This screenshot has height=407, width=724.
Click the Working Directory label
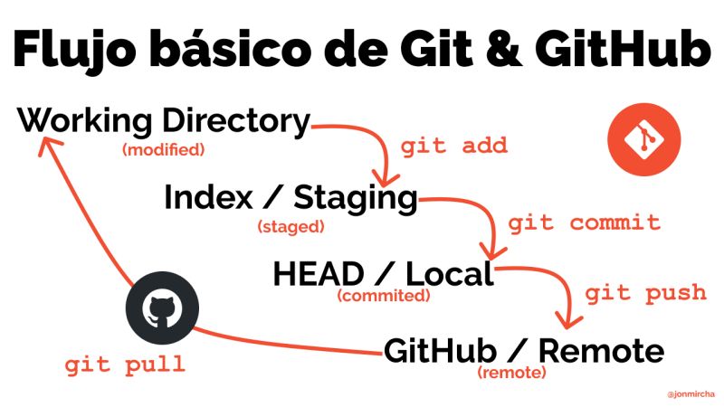[x=163, y=121]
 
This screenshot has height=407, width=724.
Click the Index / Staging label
[x=291, y=197]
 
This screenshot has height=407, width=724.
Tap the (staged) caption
[x=291, y=227]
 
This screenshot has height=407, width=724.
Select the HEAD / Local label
[x=384, y=273]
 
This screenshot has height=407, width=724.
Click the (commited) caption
[x=384, y=296]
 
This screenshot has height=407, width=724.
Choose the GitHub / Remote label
[x=524, y=350]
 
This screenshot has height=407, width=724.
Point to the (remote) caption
[x=511, y=373]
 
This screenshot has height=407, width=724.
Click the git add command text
[x=453, y=147]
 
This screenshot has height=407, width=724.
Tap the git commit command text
[x=584, y=222]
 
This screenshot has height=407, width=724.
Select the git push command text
[x=645, y=293]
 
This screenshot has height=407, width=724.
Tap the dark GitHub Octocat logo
[x=161, y=308]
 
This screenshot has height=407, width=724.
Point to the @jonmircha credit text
[x=691, y=394]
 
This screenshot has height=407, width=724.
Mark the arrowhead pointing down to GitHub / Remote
[x=568, y=321]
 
